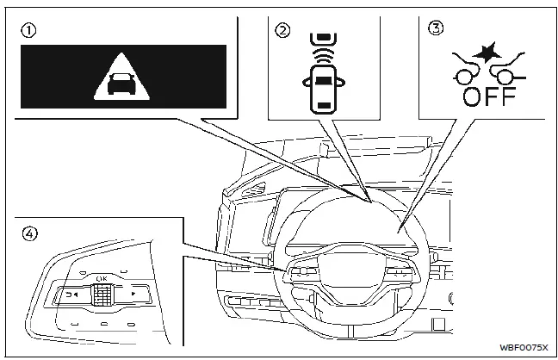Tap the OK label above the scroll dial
102,278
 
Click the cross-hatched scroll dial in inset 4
102,296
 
